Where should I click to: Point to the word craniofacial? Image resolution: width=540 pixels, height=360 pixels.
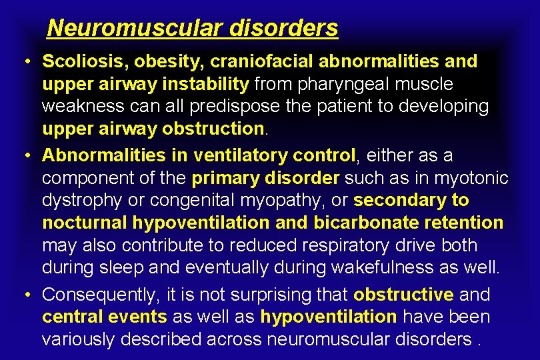click(263, 61)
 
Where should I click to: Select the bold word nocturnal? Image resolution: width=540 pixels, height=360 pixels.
click(84, 222)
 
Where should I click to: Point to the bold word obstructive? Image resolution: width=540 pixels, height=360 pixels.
click(403, 295)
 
